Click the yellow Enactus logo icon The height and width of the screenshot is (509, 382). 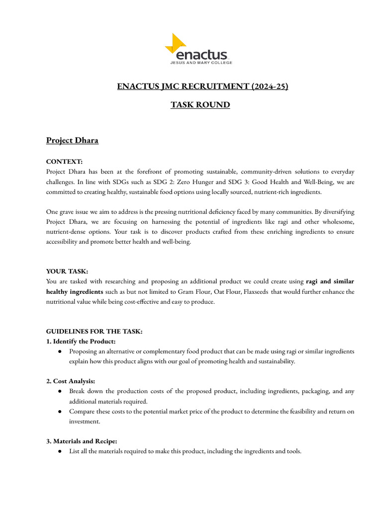175,44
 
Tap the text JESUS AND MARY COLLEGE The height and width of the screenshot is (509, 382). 201,63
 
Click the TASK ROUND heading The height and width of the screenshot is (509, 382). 200,105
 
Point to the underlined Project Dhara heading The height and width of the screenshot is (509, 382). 72,140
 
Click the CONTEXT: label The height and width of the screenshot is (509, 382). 65,162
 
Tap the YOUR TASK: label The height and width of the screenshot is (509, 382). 67,271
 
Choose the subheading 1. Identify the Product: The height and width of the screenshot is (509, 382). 81,341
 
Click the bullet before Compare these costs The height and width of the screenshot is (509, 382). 60,412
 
